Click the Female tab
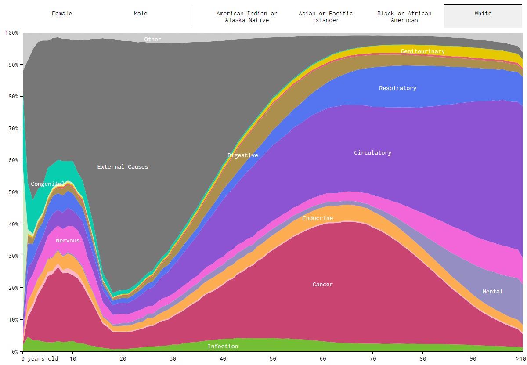click(62, 14)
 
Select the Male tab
click(141, 14)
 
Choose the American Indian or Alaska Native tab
click(247, 17)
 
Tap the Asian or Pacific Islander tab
click(325, 17)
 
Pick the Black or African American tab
click(404, 17)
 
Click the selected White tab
click(483, 14)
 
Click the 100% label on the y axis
click(11, 33)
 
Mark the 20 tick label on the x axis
click(123, 359)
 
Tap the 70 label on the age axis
click(373, 359)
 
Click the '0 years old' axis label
click(40, 359)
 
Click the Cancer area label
click(322, 285)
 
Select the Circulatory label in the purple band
click(372, 153)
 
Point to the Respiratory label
click(397, 88)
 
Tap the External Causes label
click(123, 167)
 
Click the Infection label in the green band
click(223, 347)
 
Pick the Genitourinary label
click(422, 51)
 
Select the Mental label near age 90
click(492, 292)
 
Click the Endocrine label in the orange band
click(318, 218)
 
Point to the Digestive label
click(242, 155)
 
